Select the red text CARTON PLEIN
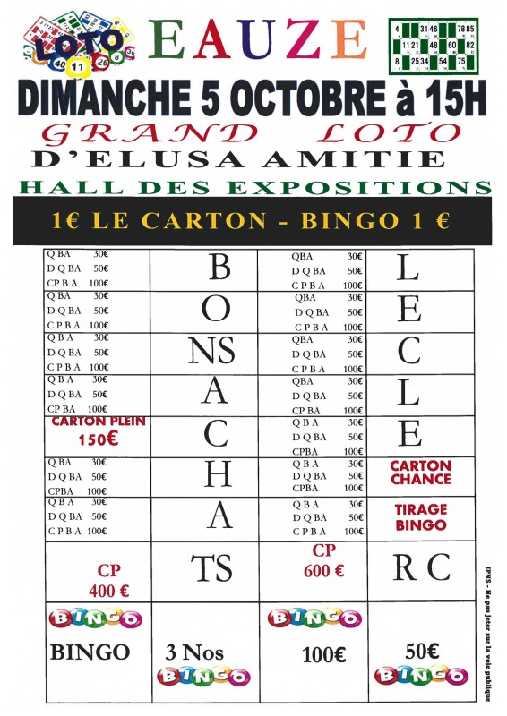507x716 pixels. (x=99, y=422)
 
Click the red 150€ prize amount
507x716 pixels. (x=99, y=439)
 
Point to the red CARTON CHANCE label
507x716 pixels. (x=420, y=473)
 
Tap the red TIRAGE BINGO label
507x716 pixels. (x=420, y=516)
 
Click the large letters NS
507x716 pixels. (x=212, y=352)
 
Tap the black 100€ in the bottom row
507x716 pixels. (x=324, y=654)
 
